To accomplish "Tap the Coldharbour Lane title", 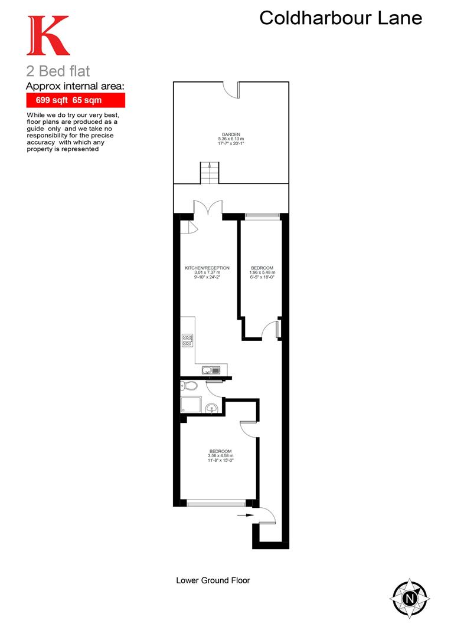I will (341, 18).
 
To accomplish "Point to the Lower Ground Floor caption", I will (213, 580).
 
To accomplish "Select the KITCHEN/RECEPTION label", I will (207, 268).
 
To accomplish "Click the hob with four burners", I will (187, 340).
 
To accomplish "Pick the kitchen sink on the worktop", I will (211, 370).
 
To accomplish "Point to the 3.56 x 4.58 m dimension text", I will (220, 456).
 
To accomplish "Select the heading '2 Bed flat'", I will (58, 71).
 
